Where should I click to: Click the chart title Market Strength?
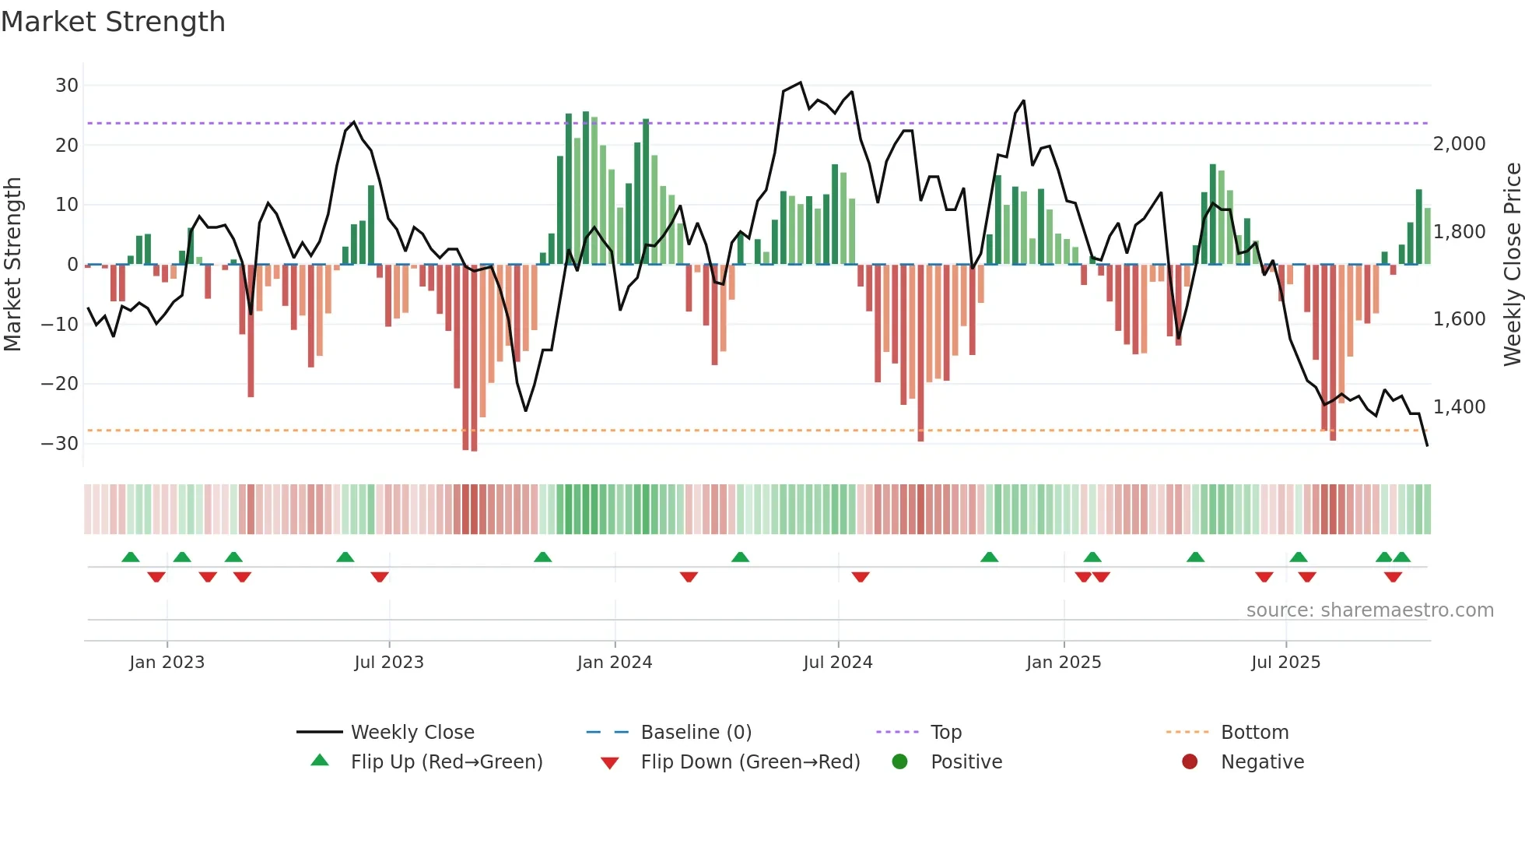click(x=113, y=22)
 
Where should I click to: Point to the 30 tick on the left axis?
click(x=67, y=86)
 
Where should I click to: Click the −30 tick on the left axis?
click(x=60, y=444)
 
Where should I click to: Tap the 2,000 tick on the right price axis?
click(x=1459, y=144)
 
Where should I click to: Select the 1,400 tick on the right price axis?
click(x=1459, y=407)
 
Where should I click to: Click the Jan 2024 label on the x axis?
click(x=614, y=663)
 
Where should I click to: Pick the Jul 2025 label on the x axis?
click(x=1285, y=663)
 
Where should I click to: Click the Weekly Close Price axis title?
click(x=1512, y=265)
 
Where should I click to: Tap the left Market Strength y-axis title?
click(x=12, y=265)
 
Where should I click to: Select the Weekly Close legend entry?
click(x=412, y=733)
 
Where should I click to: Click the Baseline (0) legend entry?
click(x=696, y=733)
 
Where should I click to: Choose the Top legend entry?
click(x=945, y=733)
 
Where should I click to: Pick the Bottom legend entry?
click(x=1254, y=733)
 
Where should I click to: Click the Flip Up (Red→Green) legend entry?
click(x=446, y=762)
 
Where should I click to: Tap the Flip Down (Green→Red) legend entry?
click(x=749, y=762)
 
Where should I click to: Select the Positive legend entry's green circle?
click(x=899, y=762)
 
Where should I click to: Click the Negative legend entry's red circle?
click(x=1190, y=762)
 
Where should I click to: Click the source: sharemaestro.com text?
click(x=1369, y=610)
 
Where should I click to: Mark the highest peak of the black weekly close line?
click(x=800, y=83)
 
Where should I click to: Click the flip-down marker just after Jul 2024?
click(x=860, y=577)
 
